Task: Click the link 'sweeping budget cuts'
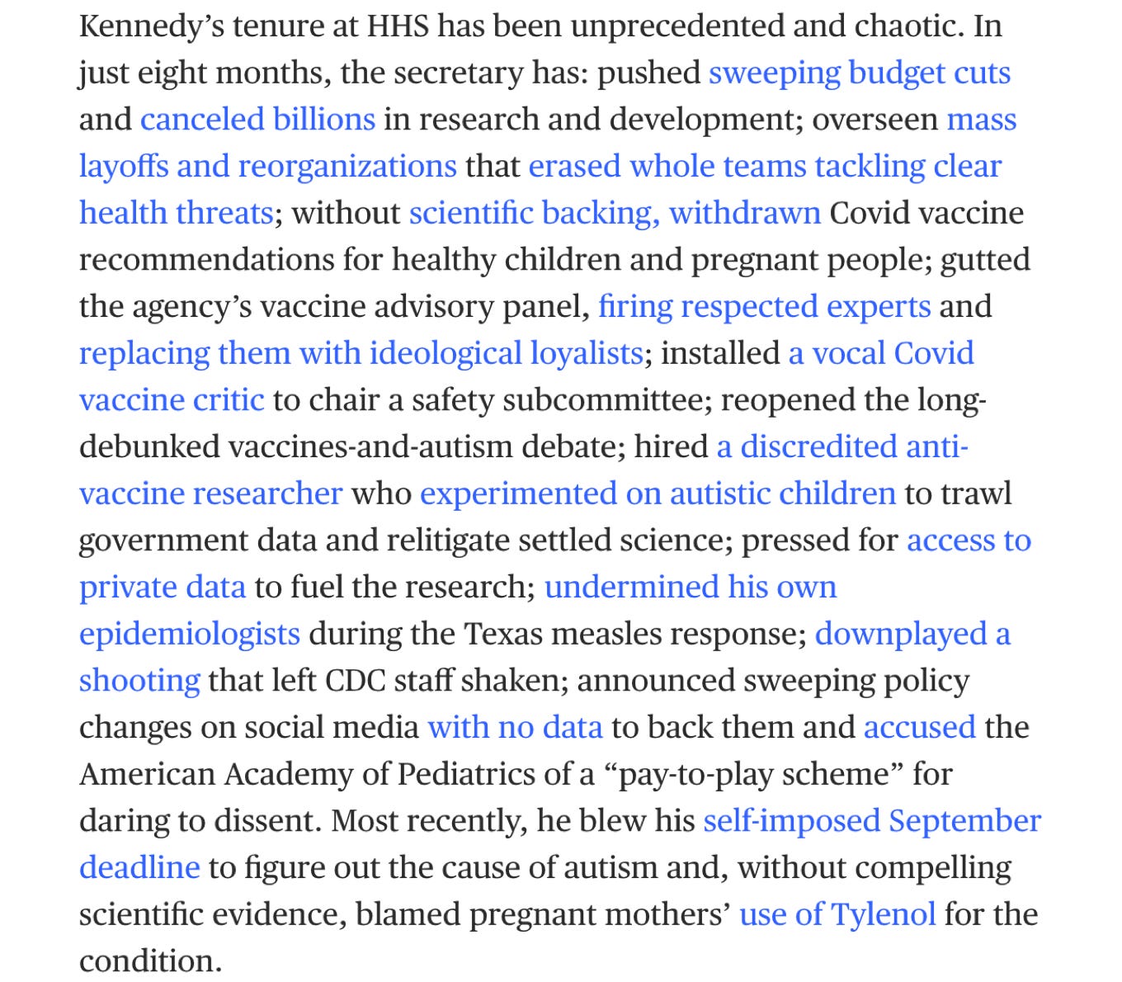coord(859,73)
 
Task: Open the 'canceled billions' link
coord(257,120)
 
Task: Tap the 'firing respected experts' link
coord(764,307)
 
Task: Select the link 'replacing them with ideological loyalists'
coord(361,354)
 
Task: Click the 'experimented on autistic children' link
coord(658,494)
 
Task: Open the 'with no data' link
coord(515,728)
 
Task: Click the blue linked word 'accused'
coord(919,728)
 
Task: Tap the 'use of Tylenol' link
coord(837,915)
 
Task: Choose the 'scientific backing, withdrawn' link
coord(615,214)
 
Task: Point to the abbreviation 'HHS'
coord(398,26)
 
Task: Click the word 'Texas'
coord(509,635)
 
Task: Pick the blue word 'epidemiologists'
coord(189,635)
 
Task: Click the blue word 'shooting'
coord(139,682)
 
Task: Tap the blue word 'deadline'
coord(139,868)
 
